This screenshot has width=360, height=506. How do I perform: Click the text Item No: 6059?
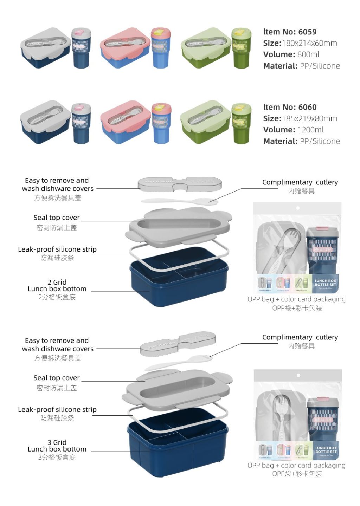(290, 32)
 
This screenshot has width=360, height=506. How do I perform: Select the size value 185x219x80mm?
(309, 118)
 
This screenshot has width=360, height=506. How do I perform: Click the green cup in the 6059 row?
(242, 48)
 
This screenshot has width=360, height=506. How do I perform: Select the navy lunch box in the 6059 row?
(45, 48)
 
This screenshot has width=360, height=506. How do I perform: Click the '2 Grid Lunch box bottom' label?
(57, 285)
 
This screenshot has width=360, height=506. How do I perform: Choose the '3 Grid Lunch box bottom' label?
(57, 446)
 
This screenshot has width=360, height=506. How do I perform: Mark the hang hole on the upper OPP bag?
(298, 208)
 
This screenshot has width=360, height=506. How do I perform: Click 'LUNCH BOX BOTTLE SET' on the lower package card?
(326, 450)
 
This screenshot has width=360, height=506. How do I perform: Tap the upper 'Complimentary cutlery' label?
(300, 182)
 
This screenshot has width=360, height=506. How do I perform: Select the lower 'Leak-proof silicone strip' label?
(57, 409)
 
